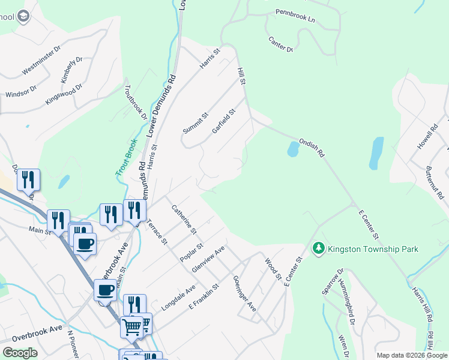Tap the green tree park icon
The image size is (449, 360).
[x=318, y=248]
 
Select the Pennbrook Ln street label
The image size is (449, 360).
[x=295, y=16]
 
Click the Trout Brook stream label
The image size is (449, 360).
[x=127, y=157]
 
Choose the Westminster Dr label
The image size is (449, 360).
[x=41, y=61]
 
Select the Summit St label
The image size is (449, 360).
[x=196, y=123]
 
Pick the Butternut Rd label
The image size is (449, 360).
[x=435, y=183]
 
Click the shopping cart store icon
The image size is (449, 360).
[x=131, y=326]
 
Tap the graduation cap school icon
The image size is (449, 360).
[x=24, y=16]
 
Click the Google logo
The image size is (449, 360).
[x=20, y=353]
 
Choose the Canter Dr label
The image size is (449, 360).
[x=280, y=44]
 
